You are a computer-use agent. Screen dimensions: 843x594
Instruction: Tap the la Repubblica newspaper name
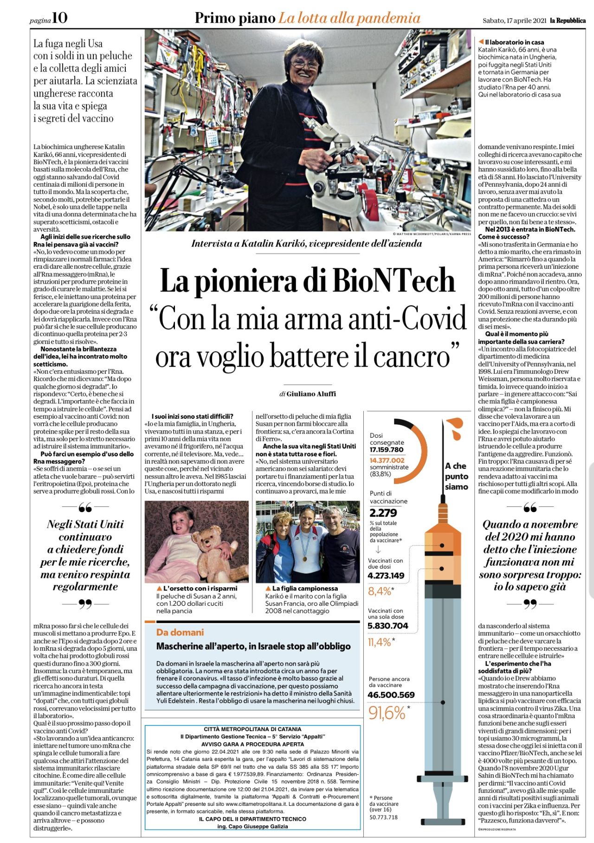[568, 20]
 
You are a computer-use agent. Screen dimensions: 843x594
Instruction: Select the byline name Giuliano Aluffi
[311, 394]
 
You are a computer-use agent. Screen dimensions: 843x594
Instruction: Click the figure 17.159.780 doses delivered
[386, 449]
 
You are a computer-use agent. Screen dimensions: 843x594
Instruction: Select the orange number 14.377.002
[387, 460]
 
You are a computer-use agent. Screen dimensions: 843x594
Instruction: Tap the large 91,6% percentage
[387, 713]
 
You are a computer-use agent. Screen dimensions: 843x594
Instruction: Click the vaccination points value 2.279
[383, 512]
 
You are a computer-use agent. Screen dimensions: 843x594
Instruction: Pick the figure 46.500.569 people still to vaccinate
[391, 694]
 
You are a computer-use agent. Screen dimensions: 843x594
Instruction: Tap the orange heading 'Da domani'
[180, 632]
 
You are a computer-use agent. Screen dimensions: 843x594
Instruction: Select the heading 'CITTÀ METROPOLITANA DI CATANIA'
[252, 729]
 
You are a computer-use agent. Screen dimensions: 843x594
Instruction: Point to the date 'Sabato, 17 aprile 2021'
[514, 20]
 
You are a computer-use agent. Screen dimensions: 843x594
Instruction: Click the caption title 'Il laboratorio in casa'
[514, 42]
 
